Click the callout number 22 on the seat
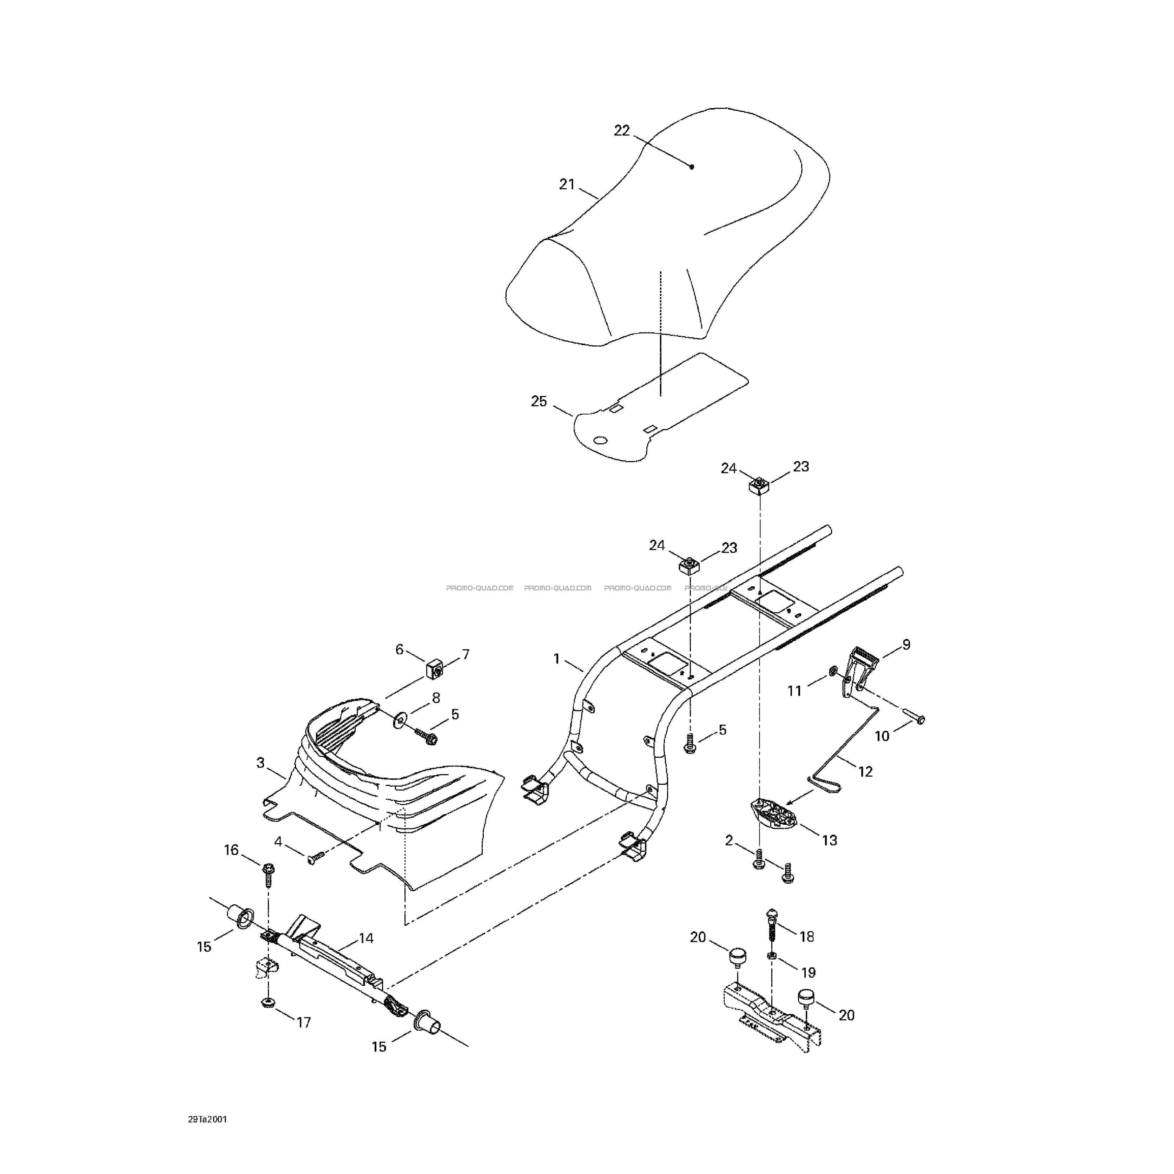[x=622, y=131]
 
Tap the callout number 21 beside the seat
[x=566, y=184]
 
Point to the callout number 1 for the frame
[x=556, y=659]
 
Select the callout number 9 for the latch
[x=906, y=645]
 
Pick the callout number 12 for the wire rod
[x=865, y=772]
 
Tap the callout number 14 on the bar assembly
[x=366, y=938]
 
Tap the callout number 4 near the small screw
[x=278, y=842]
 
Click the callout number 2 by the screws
[x=729, y=841]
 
